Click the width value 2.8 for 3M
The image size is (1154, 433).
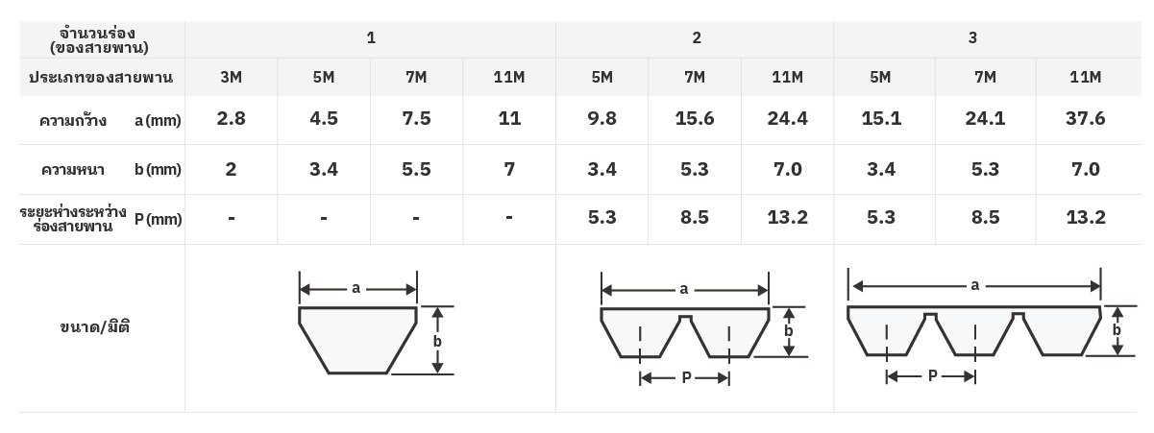point(231,119)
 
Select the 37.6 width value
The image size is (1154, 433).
point(1086,119)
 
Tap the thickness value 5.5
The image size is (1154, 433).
point(416,169)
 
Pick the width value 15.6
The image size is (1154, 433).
point(695,119)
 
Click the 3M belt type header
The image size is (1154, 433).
point(231,77)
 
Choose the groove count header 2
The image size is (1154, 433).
point(697,37)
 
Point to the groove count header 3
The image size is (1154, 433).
point(972,37)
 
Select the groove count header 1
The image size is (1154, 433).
point(371,37)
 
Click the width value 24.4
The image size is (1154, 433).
point(787,119)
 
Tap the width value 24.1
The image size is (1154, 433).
point(985,119)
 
